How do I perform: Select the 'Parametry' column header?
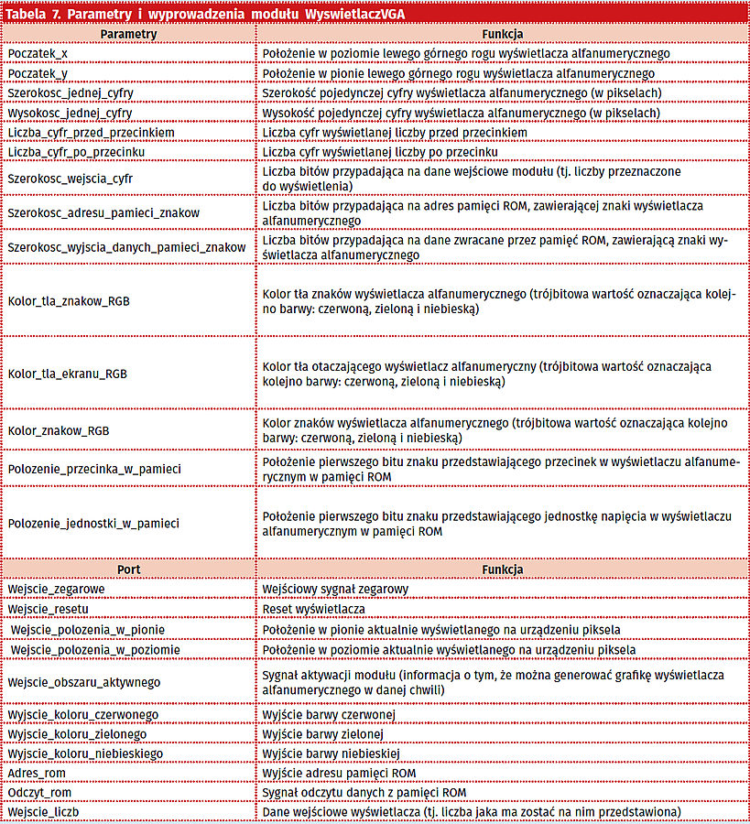(x=128, y=33)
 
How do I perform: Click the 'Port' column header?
(x=128, y=569)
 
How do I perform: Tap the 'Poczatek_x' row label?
(x=45, y=54)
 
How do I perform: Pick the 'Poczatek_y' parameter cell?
(x=45, y=73)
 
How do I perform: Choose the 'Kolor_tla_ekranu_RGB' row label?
(x=68, y=374)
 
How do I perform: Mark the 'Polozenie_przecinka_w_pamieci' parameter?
(x=94, y=469)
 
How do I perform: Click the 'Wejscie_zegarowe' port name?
(x=56, y=589)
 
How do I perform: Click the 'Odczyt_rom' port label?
(x=40, y=792)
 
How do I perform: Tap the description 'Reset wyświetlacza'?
(x=314, y=608)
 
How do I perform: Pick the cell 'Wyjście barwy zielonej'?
(x=323, y=733)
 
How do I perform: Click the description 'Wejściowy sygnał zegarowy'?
(x=335, y=589)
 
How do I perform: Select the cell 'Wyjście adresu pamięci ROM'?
(x=340, y=773)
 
